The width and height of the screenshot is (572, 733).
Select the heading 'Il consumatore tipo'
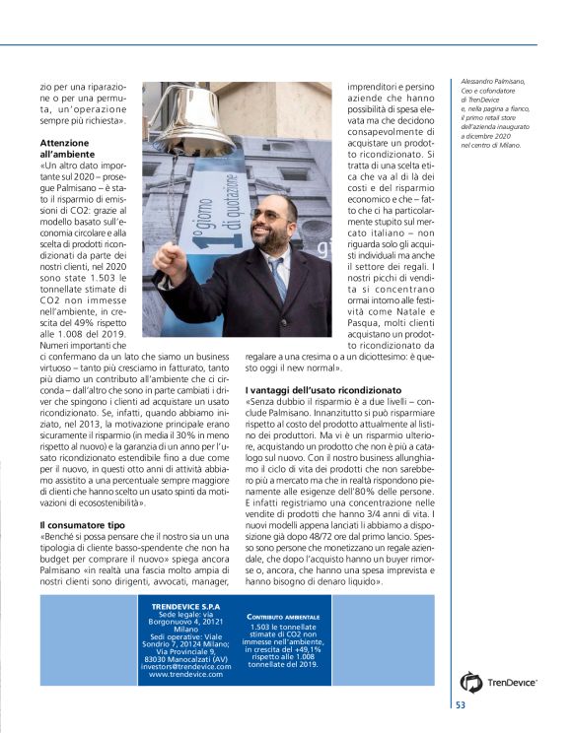(81, 526)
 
